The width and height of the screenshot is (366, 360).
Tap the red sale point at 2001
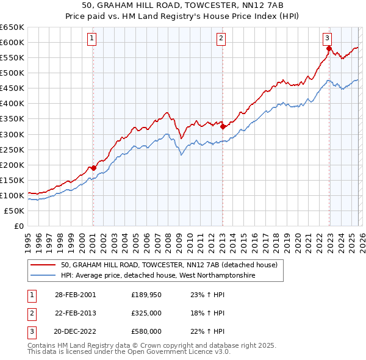pyautogui.click(x=93, y=168)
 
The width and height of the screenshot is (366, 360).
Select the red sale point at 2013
pyautogui.click(x=223, y=126)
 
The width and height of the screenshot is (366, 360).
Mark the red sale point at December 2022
pyautogui.click(x=329, y=48)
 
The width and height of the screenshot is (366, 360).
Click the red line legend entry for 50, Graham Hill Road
pyautogui.click(x=169, y=265)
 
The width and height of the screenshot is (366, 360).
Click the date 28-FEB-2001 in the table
pyautogui.click(x=76, y=295)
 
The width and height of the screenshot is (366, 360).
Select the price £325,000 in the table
pyautogui.click(x=146, y=313)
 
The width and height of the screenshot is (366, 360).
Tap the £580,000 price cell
pyautogui.click(x=146, y=331)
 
